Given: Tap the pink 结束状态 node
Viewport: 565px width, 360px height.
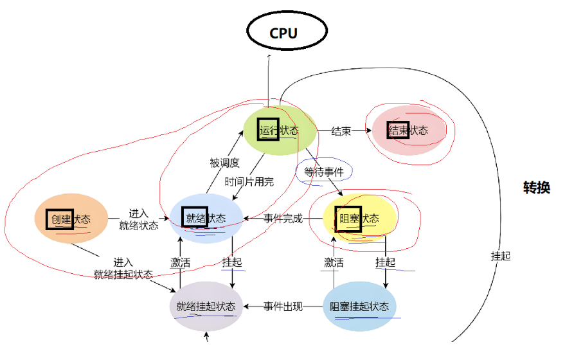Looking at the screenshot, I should point(407,130).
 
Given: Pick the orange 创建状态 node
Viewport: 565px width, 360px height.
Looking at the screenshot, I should point(71,219).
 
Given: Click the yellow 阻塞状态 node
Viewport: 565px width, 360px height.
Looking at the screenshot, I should point(359,219).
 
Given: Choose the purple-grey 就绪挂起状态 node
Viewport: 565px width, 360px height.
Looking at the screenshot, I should point(206,306).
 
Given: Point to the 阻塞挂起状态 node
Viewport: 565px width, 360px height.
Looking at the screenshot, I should point(359,307).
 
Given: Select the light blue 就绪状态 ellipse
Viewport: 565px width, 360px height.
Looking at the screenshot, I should point(206,219).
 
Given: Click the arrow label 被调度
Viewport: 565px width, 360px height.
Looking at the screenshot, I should point(224,163).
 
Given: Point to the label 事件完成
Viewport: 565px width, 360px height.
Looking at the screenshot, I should point(283,219).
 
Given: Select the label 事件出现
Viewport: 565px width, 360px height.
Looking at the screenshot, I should point(283,307).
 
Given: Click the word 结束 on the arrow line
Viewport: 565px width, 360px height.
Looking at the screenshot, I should point(341,131).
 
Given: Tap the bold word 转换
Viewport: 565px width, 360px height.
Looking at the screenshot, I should point(536,188).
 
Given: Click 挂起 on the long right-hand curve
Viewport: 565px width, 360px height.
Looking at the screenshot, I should point(501,255).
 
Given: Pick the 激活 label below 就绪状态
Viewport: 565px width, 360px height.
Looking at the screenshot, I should point(180,262).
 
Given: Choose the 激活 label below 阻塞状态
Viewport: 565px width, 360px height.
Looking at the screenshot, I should point(334,262).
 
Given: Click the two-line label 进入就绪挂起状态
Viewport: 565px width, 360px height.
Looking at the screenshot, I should point(123,268).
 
